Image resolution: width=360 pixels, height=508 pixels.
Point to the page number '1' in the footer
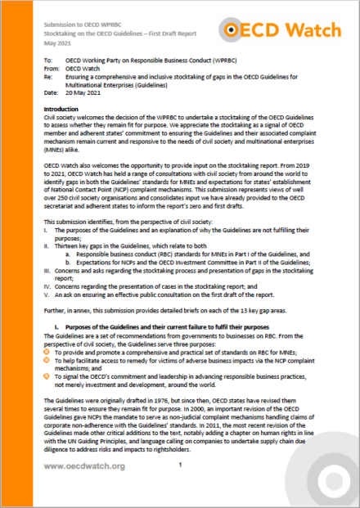coord(179,464)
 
